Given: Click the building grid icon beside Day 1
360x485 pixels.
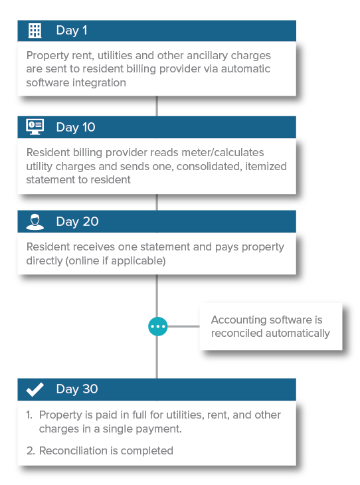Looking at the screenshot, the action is point(35,31).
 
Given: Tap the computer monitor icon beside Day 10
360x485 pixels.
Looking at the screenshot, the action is point(35,127).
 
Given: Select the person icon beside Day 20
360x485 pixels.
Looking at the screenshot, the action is point(35,222).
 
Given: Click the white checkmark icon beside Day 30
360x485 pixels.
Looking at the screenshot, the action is point(35,389).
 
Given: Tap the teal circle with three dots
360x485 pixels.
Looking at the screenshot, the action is point(157,326).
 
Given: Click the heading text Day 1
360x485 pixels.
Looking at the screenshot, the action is point(72,31).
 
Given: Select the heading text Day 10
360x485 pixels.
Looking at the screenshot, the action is point(76,127).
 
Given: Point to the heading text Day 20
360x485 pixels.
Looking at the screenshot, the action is point(77,221).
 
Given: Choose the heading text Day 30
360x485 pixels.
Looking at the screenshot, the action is point(77,389).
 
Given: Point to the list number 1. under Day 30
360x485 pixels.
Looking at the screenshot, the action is point(29,415).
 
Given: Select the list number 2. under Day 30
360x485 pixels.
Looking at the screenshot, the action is point(31,450).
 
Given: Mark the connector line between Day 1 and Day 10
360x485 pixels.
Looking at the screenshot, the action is point(157,106).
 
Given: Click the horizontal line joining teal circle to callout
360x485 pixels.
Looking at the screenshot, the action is point(183,326).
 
